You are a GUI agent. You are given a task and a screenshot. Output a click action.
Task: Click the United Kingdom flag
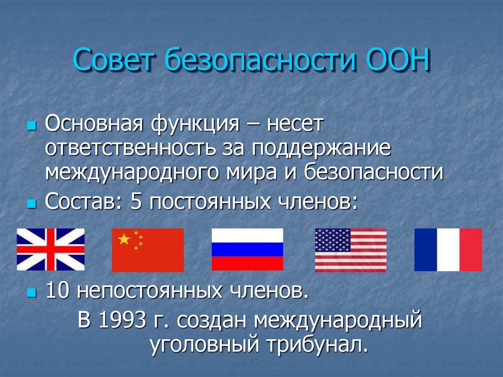coord(51,250)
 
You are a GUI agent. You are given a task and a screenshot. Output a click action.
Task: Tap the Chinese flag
coord(148,250)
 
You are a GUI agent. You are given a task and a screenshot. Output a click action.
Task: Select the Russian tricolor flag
coord(247,250)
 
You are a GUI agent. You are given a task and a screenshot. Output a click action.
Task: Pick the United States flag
coord(350,250)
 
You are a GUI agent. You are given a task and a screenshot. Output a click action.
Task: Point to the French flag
coord(448,250)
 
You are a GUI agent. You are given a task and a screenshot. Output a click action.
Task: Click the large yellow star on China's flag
coord(124,239)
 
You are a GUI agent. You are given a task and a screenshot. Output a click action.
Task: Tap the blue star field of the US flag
coord(332,239)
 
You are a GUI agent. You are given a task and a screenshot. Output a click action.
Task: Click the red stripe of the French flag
coord(471,250)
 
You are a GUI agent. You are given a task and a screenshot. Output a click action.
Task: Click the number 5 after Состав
coord(136,202)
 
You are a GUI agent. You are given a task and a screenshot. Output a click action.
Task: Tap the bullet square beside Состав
coord(32,203)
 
